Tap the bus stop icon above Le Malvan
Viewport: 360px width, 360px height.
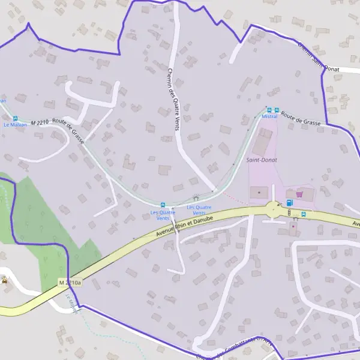tap(15, 119)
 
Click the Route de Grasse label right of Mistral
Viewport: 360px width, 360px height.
tap(301, 118)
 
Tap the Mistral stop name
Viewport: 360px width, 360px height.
tap(269, 116)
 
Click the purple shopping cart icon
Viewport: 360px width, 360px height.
tap(299, 194)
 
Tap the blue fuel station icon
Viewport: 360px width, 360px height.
tap(290, 203)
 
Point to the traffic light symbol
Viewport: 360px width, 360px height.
tap(289, 212)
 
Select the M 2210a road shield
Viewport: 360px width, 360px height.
tap(70, 283)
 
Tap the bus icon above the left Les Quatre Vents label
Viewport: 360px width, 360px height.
tap(163, 205)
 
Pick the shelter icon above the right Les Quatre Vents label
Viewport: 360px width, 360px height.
tap(196, 198)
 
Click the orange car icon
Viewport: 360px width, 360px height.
tap(5, 280)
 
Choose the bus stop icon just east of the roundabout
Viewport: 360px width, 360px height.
tap(304, 214)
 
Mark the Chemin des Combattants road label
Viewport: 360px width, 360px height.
tap(237, 348)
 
